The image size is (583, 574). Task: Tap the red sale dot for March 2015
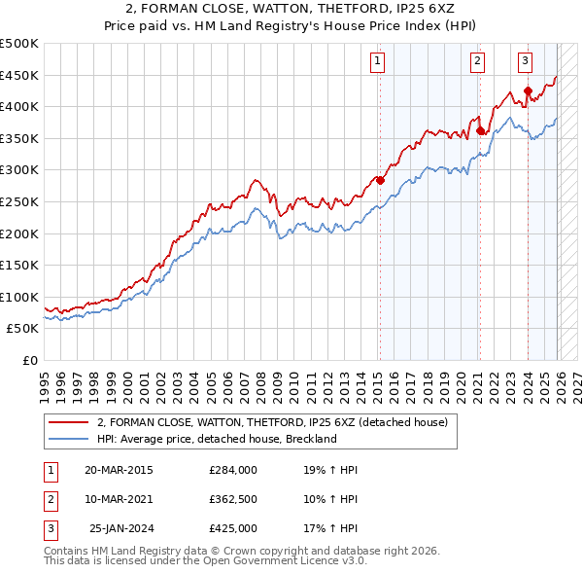click(x=380, y=180)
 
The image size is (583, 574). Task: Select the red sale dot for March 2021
click(x=480, y=130)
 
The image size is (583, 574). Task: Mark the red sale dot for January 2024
click(x=528, y=91)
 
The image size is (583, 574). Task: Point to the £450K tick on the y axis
click(x=19, y=75)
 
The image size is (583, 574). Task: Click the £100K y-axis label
click(x=19, y=297)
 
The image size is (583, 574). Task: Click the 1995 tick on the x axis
click(x=45, y=377)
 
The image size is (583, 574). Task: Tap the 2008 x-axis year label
click(x=261, y=377)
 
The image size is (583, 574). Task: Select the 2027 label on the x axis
click(x=577, y=377)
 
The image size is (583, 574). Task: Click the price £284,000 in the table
click(x=233, y=470)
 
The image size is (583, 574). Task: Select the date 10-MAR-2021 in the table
click(x=120, y=499)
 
